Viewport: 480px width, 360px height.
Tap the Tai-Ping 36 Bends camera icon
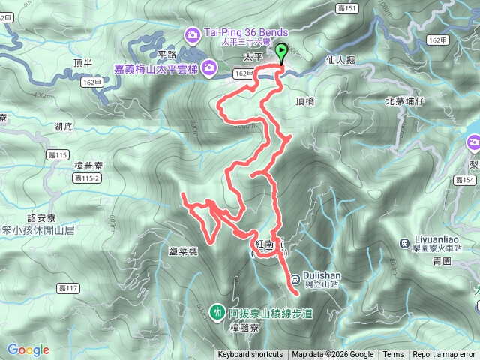pyautogui.click(x=193, y=34)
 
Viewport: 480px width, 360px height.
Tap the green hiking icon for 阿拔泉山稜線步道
pyautogui.click(x=217, y=310)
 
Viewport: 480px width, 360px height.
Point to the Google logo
pyautogui.click(x=28, y=349)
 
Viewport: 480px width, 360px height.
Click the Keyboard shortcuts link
pyautogui.click(x=250, y=355)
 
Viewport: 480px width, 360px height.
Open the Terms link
pyautogui.click(x=393, y=355)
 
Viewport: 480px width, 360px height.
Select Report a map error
pyautogui.click(x=444, y=355)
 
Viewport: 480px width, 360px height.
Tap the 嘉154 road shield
pyautogui.click(x=465, y=179)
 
